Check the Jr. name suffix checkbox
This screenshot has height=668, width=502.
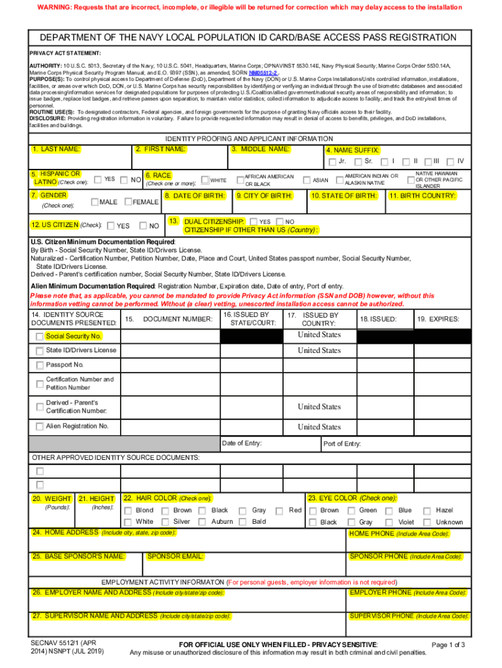[333, 162]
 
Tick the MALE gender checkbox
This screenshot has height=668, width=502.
[95, 202]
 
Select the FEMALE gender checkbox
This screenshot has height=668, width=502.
[128, 202]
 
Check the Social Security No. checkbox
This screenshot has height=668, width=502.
[40, 337]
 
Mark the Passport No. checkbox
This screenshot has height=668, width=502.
[40, 365]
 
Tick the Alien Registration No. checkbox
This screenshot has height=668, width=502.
[40, 427]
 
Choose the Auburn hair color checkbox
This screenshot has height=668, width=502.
[203, 522]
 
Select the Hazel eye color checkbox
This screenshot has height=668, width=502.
[428, 511]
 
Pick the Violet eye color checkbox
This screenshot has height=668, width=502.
[389, 522]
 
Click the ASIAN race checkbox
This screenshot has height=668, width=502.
[306, 179]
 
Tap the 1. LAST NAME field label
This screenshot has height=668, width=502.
[56, 149]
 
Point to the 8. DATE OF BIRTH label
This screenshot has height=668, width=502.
[195, 196]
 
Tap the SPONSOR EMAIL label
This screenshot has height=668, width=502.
[175, 556]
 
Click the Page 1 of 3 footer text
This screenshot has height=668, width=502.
[448, 645]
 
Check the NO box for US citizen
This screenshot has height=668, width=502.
[143, 226]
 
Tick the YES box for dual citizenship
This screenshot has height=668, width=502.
[254, 222]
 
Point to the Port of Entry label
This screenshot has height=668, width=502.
[342, 444]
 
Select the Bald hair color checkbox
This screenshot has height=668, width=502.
[242, 522]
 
